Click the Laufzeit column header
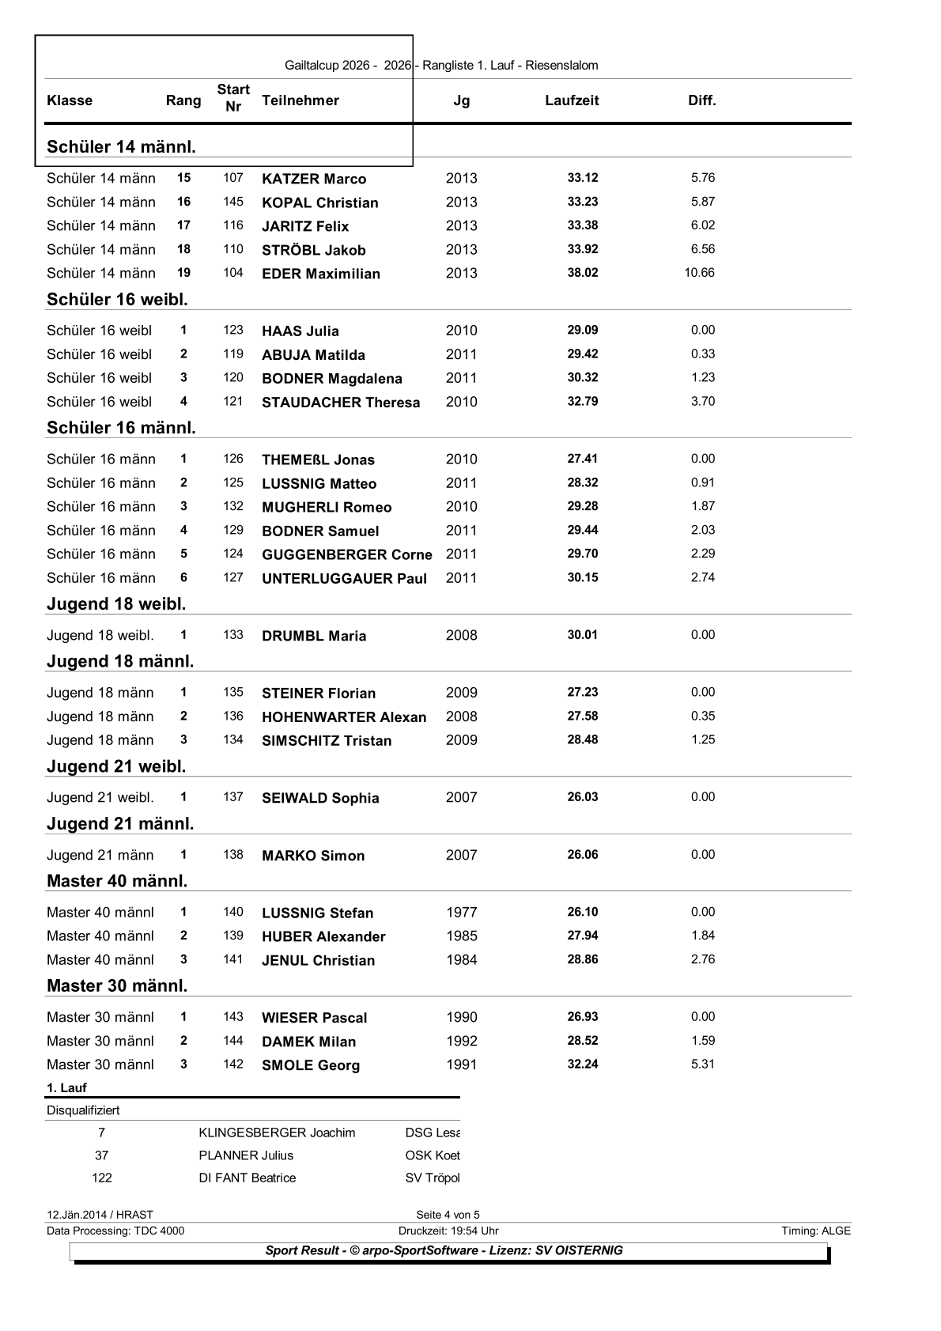[x=572, y=100]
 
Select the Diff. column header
[x=701, y=100]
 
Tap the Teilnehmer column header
[x=300, y=100]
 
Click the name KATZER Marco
[x=314, y=179]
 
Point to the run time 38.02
[x=583, y=273]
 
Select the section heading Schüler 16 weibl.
[x=117, y=300]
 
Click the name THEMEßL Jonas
[x=318, y=459]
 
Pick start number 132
[x=233, y=506]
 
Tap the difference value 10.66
[x=699, y=273]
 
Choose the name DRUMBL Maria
[x=314, y=636]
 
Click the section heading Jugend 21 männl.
[x=120, y=824]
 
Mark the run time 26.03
[x=583, y=797]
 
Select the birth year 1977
[x=462, y=913]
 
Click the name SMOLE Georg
[x=311, y=1065]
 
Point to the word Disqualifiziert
[x=83, y=1110]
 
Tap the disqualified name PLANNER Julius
[x=246, y=1155]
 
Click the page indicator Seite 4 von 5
[x=448, y=1215]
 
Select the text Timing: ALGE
[x=816, y=1231]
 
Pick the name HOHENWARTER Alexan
[x=344, y=717]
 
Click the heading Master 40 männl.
[x=117, y=881]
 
